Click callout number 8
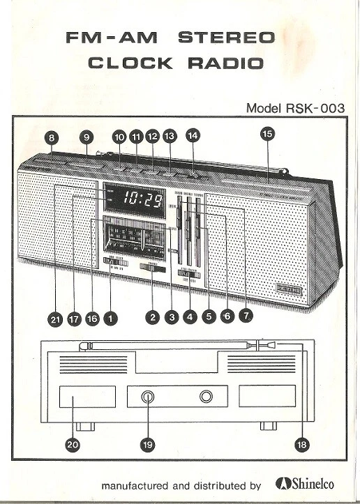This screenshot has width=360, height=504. (53, 137)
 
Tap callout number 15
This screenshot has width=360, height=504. (267, 132)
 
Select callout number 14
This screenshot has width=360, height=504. (193, 136)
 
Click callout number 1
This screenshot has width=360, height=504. (110, 318)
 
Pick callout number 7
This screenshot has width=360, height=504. (245, 316)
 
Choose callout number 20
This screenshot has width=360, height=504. (72, 443)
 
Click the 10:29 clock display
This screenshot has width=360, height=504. (142, 201)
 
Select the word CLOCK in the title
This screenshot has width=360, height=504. (130, 63)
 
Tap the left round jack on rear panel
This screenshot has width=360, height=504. (148, 397)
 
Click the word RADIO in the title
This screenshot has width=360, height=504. (224, 63)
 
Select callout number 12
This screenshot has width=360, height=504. (152, 137)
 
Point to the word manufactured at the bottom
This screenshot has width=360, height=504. (137, 485)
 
